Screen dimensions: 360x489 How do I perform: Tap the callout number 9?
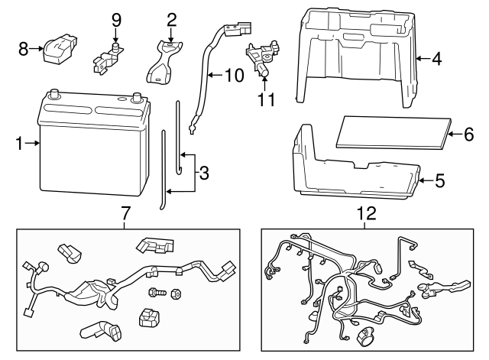tap(116, 19)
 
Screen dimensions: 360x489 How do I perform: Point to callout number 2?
tap(171, 19)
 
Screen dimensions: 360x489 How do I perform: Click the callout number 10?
tap(231, 76)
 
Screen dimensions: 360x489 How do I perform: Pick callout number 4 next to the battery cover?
tap(436, 58)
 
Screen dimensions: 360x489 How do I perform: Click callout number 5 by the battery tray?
tap(439, 182)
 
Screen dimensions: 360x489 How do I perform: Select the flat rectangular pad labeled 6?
tap(391, 131)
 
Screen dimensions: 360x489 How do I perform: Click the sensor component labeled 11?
tap(262, 59)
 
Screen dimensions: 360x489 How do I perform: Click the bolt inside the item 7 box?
tap(157, 292)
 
